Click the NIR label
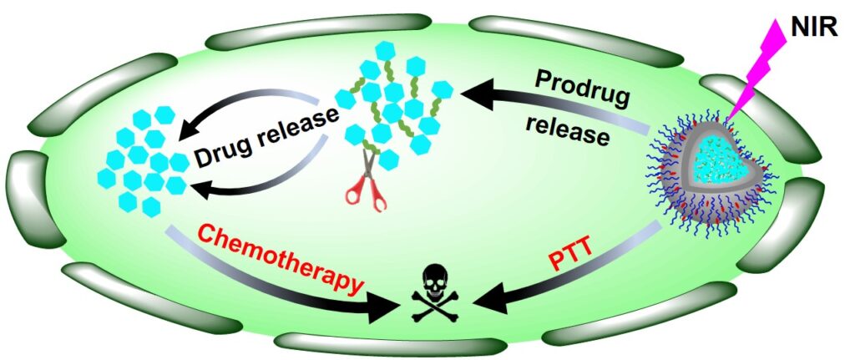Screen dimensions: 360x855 click(817, 33)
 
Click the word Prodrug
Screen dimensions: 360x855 click(583, 86)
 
